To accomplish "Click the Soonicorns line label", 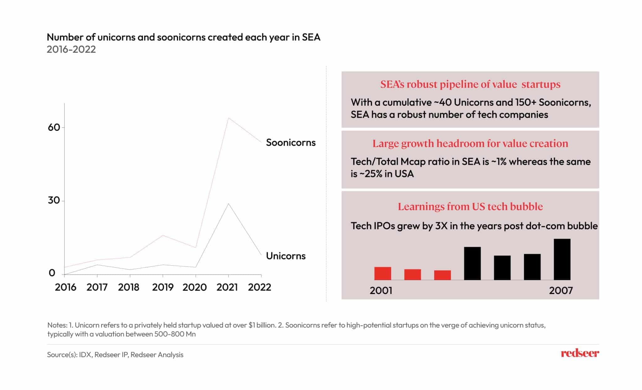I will tap(291, 143).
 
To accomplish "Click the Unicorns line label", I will tap(286, 256).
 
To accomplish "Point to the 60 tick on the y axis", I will tap(54, 127).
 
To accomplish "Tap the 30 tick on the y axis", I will tap(54, 200).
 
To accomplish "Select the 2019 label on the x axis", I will tap(162, 287).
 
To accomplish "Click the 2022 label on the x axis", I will tap(259, 287).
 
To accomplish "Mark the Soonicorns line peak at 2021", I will tap(229, 118).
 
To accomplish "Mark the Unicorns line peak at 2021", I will tap(229, 204).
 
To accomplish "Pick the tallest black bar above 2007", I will tap(562, 259).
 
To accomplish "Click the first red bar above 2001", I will tap(382, 273).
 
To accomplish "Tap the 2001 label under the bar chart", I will tap(381, 291).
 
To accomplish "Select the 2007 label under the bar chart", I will tap(560, 291).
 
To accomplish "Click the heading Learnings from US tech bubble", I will tap(470, 207).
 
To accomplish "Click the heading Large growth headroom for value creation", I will tap(470, 143).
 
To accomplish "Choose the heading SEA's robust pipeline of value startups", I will tap(470, 84).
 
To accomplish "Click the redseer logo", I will tap(580, 353).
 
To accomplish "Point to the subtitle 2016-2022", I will tap(71, 49).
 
